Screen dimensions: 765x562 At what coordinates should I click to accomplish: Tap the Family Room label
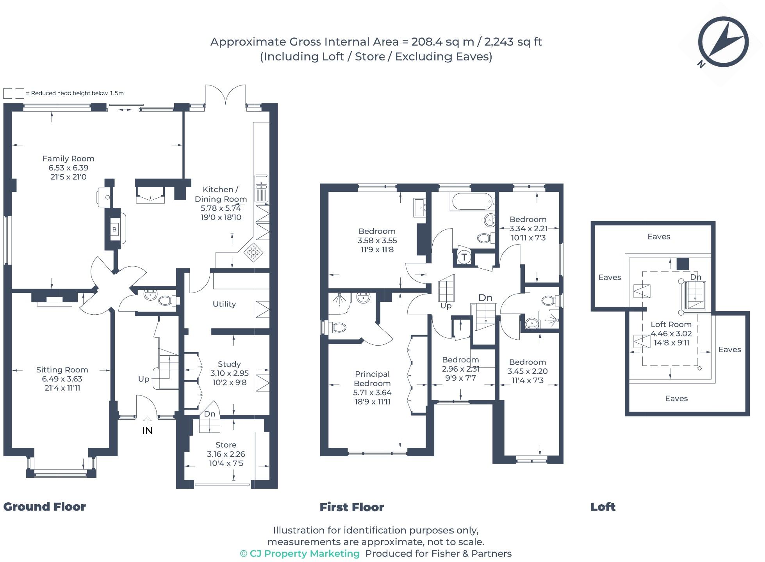point(68,159)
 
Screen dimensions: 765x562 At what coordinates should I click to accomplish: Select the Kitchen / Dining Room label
point(221,194)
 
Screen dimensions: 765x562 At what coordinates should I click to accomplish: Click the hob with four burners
point(253,252)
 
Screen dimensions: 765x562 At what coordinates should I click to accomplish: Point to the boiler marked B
point(114,229)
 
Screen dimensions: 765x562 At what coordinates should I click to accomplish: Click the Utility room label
point(224,304)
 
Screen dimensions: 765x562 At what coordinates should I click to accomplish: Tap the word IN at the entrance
point(147,431)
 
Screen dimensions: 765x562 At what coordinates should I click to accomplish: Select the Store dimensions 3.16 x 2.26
point(226,454)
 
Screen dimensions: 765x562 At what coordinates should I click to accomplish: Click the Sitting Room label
point(62,370)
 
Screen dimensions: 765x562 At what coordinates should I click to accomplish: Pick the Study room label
point(229,364)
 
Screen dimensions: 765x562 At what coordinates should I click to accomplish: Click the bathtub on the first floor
point(472,202)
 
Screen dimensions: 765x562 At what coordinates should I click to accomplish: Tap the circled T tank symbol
point(464,257)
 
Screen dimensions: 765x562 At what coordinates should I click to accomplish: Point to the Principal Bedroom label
point(372,379)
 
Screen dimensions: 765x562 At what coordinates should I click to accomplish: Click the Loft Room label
point(671,324)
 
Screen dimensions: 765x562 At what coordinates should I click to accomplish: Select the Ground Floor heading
point(45,507)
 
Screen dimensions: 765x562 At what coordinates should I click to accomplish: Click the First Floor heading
point(352,507)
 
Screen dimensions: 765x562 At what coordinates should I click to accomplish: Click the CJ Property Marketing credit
point(300,553)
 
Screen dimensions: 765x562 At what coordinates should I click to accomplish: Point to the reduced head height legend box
point(14,93)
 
